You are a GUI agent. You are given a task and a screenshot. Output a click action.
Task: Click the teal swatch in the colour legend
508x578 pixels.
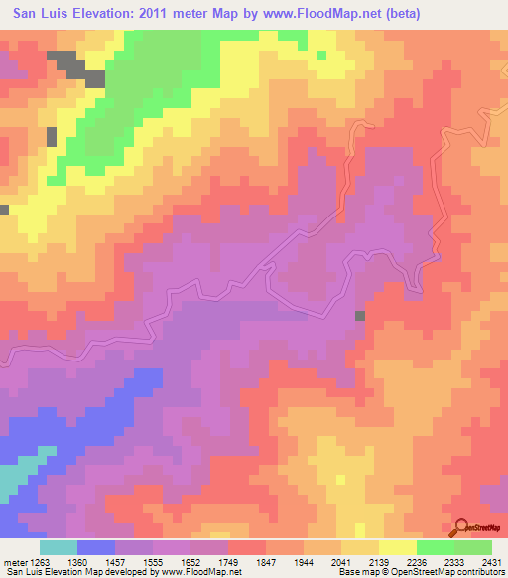pos(59,547)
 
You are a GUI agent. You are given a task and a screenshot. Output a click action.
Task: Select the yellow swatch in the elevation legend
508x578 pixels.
pos(398,547)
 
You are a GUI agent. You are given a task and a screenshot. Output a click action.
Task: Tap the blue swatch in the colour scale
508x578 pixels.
pos(96,547)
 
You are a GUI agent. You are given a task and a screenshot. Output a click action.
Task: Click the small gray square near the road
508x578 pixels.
pos(360,316)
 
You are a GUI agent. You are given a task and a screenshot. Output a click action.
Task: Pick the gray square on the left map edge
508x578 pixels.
pos(4,210)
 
